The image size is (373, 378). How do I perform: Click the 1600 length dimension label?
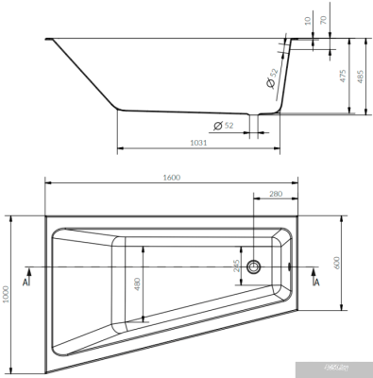[x=170, y=178]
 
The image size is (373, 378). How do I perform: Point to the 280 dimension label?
[x=276, y=194]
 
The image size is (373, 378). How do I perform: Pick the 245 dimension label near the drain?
[x=237, y=266]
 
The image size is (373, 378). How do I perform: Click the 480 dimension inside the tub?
[x=137, y=283]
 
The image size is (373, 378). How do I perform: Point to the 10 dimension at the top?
[x=307, y=18]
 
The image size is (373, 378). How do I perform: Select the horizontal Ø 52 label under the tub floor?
[x=223, y=125]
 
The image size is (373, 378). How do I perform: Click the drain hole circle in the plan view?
[x=254, y=267]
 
